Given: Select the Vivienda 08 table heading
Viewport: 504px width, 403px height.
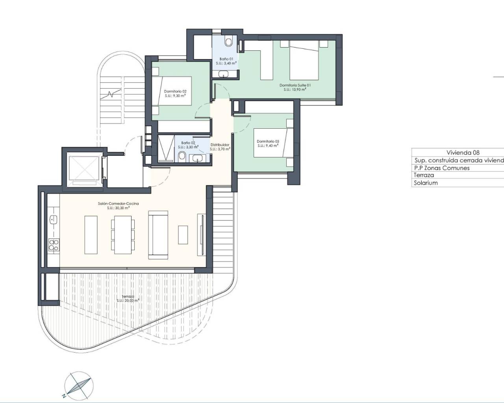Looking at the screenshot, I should tap(463, 153).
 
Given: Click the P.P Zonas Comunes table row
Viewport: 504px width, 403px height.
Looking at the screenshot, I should tap(441, 168).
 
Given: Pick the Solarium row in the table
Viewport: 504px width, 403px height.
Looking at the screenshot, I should tap(426, 183).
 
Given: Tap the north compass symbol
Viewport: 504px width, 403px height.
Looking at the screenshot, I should tap(79, 383).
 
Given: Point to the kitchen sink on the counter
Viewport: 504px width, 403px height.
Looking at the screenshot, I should tap(54, 219).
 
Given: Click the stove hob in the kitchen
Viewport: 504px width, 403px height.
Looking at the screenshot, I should tap(54, 244).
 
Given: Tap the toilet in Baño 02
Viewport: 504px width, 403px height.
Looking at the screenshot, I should tap(182, 157).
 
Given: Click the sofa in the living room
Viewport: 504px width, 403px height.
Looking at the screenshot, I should tap(158, 235).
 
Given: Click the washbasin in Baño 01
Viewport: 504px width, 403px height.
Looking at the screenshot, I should tap(224, 73).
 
